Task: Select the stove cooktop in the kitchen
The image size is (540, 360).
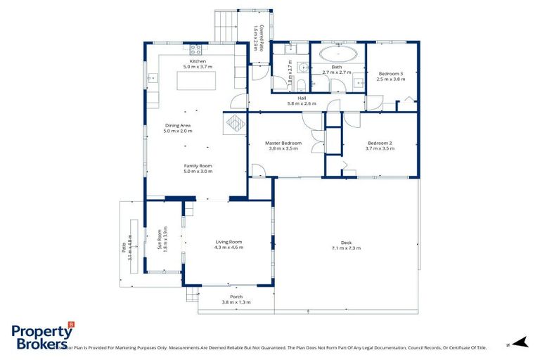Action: (195, 49)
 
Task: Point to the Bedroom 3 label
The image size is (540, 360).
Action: (391, 74)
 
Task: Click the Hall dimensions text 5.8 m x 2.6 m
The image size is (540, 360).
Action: (302, 103)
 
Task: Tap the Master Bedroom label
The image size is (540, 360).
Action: (283, 143)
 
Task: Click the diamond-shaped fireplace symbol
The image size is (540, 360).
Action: (234, 123)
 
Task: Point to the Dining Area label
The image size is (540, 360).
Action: (177, 126)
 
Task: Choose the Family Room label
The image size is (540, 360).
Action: (198, 166)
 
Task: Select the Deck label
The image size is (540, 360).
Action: (345, 243)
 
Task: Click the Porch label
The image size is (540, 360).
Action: (236, 297)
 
